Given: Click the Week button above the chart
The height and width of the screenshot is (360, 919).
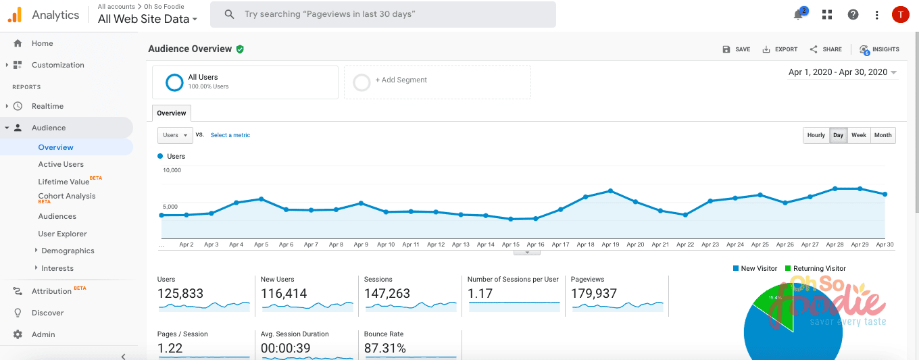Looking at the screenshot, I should point(858,135).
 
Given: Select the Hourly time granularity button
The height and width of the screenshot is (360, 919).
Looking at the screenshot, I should point(816,135).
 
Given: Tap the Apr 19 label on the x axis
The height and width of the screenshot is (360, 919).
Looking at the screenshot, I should point(610,245).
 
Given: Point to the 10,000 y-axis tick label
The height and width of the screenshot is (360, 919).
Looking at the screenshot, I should point(172,170).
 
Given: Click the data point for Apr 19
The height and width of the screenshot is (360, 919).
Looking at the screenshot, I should point(610,191).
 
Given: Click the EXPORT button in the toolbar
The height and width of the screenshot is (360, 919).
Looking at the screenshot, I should point(780,49).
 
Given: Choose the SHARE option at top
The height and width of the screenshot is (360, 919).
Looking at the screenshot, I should point(826,49).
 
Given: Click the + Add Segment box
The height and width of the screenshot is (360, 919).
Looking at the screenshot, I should point(437,82).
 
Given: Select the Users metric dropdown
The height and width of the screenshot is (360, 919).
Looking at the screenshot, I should point(175,135).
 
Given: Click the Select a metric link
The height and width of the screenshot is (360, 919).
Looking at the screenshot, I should point(230,135).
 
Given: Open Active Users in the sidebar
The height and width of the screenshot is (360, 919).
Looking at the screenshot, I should point(61,164).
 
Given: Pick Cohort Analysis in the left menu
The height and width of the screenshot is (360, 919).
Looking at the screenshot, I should point(66,197).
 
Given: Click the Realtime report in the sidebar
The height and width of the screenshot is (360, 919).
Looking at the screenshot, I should point(47,106).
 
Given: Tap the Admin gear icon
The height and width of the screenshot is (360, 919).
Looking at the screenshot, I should point(18,334).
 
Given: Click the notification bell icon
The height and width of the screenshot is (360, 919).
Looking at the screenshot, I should point(799,15).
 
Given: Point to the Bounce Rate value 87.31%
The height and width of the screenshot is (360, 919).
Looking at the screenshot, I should point(385,349).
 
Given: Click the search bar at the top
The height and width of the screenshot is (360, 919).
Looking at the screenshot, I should point(382,14).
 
